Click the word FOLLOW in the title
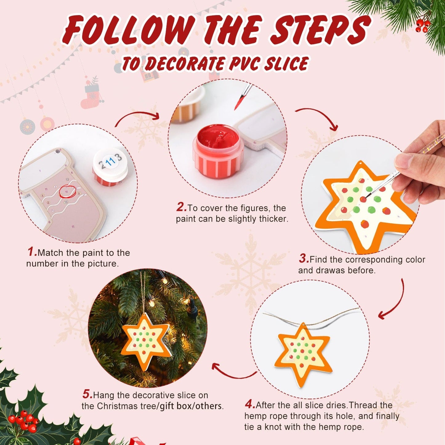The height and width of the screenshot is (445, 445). [129, 30]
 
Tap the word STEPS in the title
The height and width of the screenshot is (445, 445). [320, 30]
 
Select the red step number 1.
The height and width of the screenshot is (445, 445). [32, 252]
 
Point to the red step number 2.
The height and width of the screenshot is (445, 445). [181, 207]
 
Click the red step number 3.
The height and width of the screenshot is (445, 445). [304, 259]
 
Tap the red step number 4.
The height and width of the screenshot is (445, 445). [250, 404]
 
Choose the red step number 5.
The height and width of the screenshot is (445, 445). [87, 394]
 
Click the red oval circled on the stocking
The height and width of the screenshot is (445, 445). [67, 191]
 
